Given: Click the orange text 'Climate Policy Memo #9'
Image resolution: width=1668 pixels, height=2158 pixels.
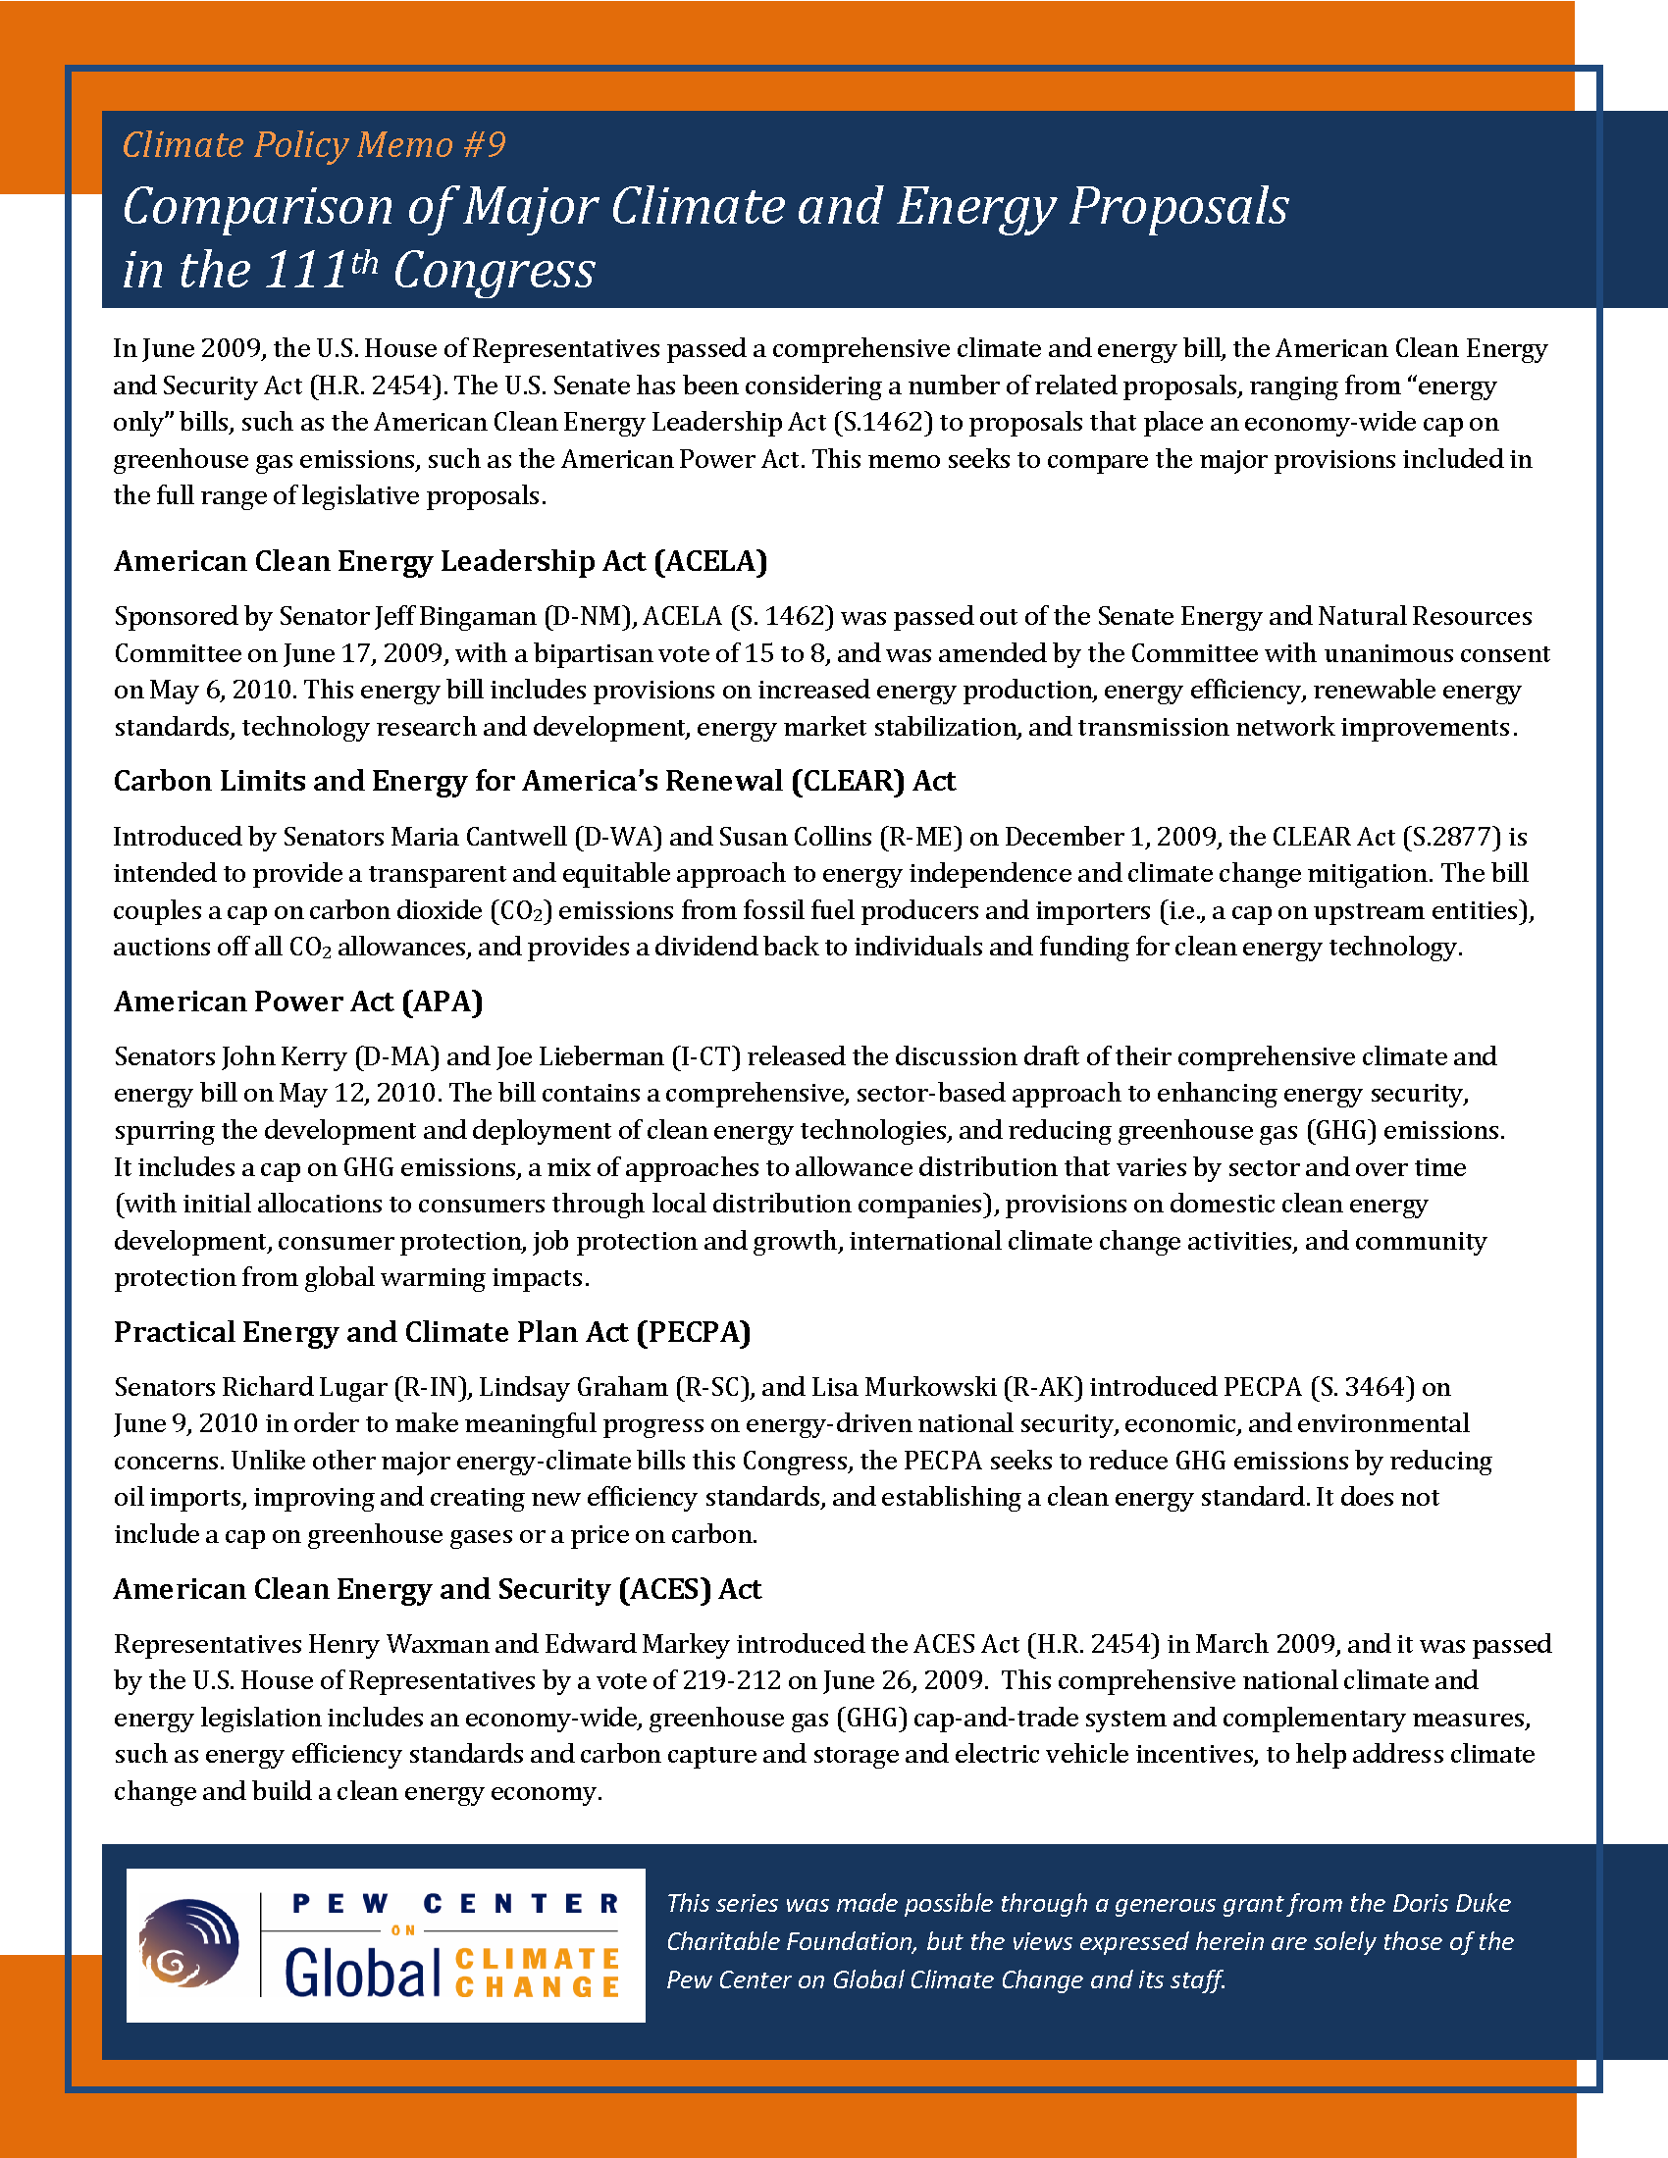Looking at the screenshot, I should (313, 145).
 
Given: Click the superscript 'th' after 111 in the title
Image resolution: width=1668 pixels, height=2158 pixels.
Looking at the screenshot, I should (364, 263).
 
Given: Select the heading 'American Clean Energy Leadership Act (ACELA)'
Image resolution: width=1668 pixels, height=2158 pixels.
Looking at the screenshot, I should (441, 561).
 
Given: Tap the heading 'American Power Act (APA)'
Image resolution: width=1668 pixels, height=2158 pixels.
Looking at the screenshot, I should (298, 1001).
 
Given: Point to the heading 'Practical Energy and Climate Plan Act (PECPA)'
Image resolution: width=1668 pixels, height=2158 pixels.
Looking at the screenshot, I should (432, 1332).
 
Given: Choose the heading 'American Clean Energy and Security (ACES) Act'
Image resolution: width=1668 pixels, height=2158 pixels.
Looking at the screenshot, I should (437, 1589).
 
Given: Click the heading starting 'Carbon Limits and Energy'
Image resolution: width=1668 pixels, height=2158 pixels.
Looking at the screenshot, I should (534, 781).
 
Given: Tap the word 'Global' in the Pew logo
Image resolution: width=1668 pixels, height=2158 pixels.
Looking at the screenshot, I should (362, 1975).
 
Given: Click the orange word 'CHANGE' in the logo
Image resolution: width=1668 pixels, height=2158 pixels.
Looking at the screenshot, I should (538, 1986).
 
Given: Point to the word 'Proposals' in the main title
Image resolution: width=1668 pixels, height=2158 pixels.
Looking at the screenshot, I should (1178, 206).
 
